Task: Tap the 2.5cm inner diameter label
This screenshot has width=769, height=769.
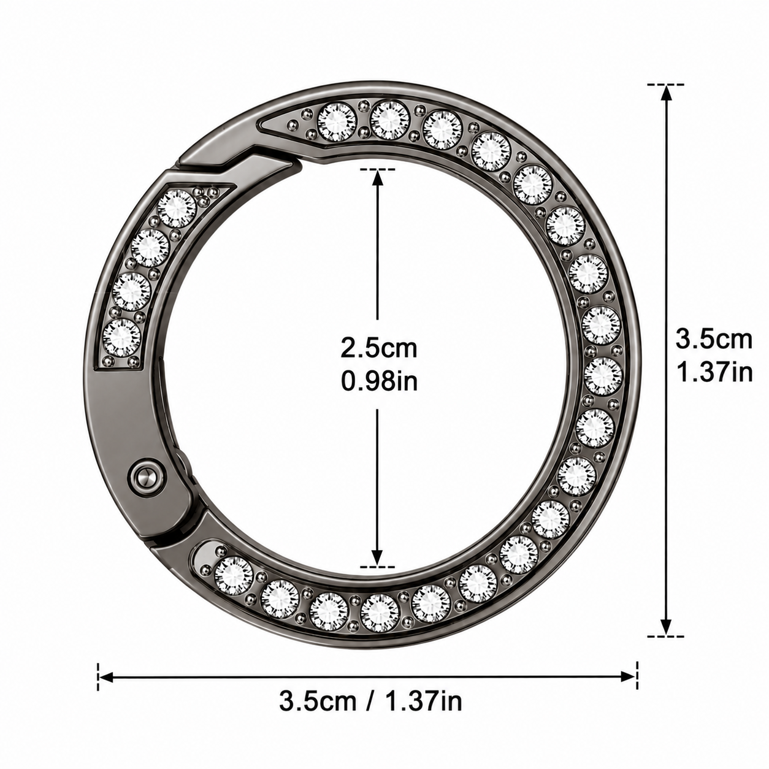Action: [x=379, y=348]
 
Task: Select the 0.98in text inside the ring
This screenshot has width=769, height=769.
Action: [x=380, y=381]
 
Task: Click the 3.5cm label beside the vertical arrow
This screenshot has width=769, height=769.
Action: [x=714, y=340]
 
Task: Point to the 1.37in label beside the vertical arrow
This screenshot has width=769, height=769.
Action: [x=715, y=372]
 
